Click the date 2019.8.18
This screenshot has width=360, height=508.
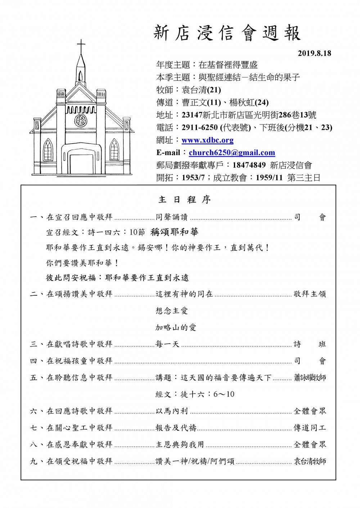tap(314, 54)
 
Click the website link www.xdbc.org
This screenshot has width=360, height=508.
tap(207, 140)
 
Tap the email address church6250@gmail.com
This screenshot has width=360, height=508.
tap(232, 153)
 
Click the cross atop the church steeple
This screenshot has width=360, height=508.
tap(81, 46)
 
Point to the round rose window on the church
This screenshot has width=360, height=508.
tap(81, 120)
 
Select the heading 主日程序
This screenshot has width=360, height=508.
tap(184, 200)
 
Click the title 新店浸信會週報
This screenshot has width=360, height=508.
tap(227, 33)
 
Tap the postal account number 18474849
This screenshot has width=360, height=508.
tap(249, 165)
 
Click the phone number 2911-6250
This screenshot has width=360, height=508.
tap(200, 127)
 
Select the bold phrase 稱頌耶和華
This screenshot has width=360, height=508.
tap(175, 232)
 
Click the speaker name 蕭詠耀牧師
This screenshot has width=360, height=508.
tap(310, 378)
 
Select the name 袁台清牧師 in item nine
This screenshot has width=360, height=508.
tap(310, 461)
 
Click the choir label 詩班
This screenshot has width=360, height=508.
tap(310, 344)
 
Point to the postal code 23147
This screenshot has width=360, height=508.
tap(192, 115)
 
